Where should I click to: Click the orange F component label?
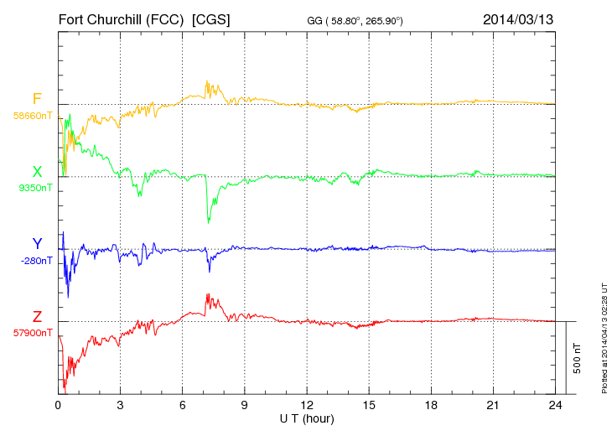pos(37,99)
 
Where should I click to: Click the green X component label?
pos(37,172)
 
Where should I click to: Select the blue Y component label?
pos(37,244)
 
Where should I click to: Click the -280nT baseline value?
pos(34,261)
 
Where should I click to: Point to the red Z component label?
pos(37,316)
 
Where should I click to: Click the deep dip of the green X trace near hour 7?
pos(208,221)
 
